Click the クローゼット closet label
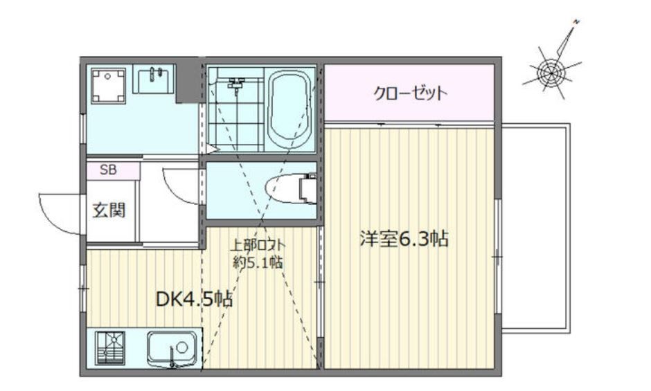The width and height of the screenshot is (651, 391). click(409, 93)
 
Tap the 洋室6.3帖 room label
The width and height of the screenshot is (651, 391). click(404, 239)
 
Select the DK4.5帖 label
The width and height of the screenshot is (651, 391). click(193, 299)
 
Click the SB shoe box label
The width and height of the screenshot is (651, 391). click(108, 170)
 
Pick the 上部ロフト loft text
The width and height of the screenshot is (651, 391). click(258, 244)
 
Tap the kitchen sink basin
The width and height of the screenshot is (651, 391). click(172, 347)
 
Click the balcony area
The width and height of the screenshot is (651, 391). click(535, 228)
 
